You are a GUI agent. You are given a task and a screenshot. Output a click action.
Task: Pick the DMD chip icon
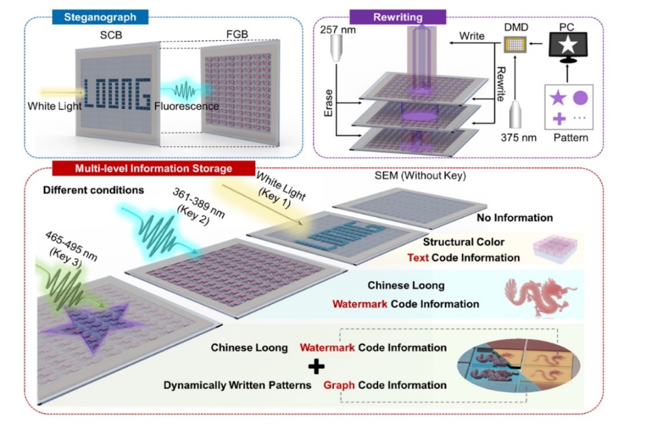coord(516,46)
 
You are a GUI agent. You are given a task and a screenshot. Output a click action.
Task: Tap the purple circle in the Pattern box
coord(581,97)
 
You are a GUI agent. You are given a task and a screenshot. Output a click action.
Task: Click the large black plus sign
coord(317,367)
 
